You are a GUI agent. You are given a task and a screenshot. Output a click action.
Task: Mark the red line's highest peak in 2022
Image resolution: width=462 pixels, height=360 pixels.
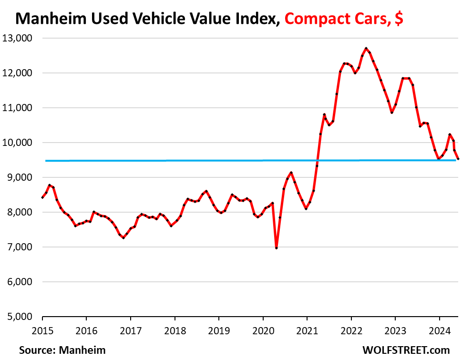(366, 48)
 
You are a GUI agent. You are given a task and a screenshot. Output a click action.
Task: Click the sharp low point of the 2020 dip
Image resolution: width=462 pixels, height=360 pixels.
(277, 248)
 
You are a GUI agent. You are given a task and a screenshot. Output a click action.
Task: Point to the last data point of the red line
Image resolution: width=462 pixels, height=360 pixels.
(458, 159)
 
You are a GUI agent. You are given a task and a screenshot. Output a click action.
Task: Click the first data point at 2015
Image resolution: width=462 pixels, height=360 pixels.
(42, 197)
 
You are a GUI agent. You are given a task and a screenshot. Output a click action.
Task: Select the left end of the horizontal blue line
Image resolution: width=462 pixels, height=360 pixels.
(46, 161)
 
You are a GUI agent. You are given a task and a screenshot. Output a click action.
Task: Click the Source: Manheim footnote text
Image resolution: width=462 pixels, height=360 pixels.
(62, 350)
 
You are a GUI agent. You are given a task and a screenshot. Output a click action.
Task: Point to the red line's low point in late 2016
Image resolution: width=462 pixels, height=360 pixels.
(123, 237)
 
